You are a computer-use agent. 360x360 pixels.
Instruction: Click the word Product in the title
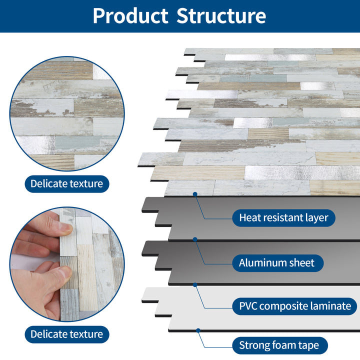click(130, 16)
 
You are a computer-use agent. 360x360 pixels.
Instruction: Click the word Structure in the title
click(221, 16)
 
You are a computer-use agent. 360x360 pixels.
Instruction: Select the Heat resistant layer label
click(283, 218)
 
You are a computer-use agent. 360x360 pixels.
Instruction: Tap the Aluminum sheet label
click(276, 263)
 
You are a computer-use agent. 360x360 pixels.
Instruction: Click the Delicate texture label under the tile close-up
click(66, 183)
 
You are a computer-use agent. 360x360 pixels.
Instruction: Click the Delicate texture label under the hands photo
click(66, 333)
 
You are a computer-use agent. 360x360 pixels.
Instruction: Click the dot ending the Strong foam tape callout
click(198, 330)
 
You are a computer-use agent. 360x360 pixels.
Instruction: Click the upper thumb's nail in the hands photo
click(64, 228)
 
